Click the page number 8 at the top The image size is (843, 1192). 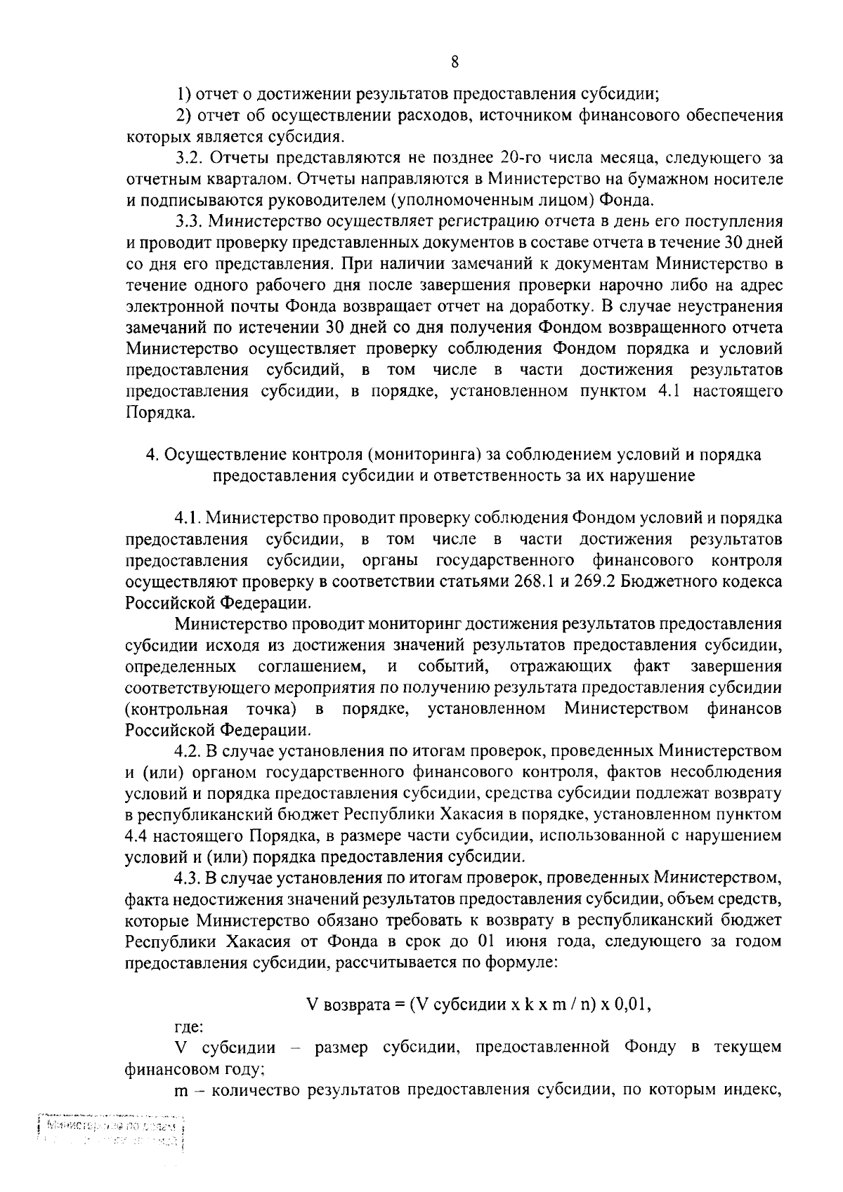455,62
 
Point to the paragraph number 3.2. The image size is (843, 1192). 188,157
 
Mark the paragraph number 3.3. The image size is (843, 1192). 188,222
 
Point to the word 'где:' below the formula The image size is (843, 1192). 188,1027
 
